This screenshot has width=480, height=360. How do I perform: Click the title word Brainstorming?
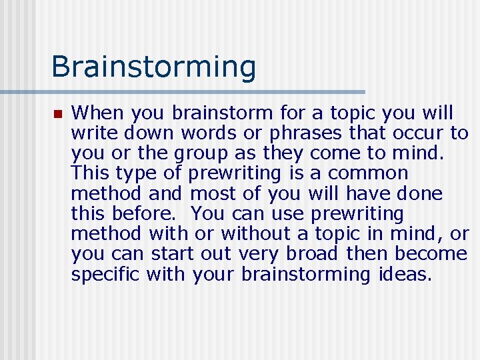click(x=153, y=67)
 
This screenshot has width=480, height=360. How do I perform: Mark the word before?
click(x=148, y=214)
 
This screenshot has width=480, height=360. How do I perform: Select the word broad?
click(x=313, y=254)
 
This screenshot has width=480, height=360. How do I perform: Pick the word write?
click(x=91, y=133)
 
